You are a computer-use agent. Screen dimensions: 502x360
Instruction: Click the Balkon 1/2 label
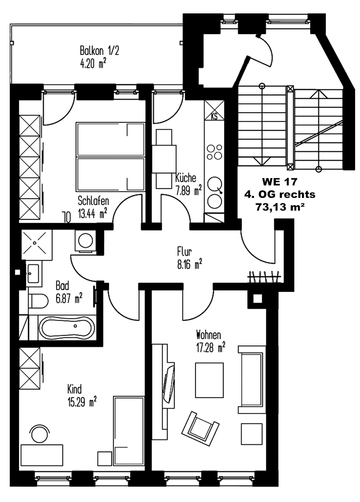tap(99, 50)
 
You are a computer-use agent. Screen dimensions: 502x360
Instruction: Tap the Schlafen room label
tap(93, 201)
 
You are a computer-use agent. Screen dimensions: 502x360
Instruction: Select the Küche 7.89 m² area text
tap(188, 191)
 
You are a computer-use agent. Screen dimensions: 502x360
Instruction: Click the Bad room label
tap(62, 286)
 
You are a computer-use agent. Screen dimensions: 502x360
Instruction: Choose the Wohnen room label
tap(208, 335)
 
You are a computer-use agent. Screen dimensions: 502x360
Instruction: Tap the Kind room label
tap(74, 388)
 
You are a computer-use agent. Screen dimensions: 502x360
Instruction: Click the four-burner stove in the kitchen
tap(214, 152)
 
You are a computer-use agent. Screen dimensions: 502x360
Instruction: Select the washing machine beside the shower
tap(85, 240)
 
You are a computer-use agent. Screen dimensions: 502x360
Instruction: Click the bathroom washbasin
tap(32, 273)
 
